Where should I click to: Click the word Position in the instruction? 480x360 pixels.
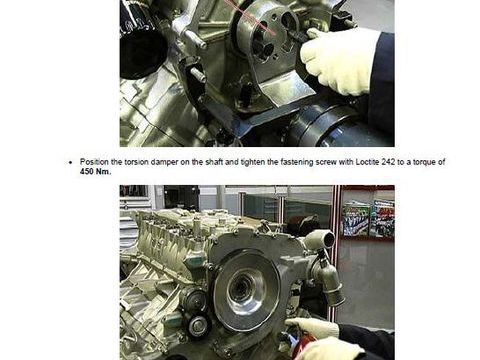click(x=94, y=162)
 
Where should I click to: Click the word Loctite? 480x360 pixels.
click(x=368, y=162)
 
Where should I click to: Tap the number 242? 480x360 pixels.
click(x=388, y=162)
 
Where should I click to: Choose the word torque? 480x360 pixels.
click(x=424, y=162)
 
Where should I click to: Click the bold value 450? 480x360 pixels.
click(x=87, y=172)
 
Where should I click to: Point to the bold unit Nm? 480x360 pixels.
click(x=102, y=172)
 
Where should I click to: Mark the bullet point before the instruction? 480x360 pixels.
click(x=70, y=163)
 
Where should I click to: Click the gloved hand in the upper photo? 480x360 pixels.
click(x=337, y=60)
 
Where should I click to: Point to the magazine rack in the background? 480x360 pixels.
click(x=368, y=218)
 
